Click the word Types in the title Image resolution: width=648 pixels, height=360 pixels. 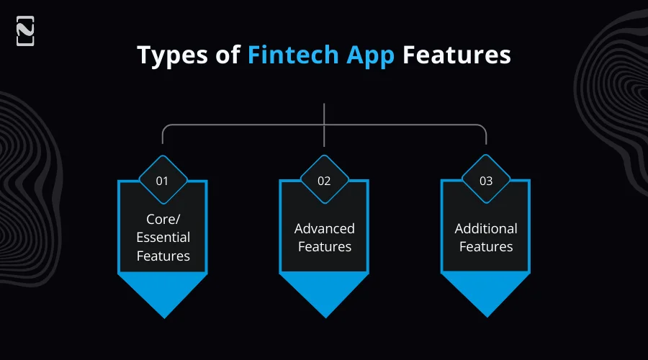click(x=171, y=55)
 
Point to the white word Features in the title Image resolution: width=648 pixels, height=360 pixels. click(x=456, y=55)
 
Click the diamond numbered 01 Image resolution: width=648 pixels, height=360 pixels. click(x=163, y=181)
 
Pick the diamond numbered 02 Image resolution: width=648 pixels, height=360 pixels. click(x=324, y=181)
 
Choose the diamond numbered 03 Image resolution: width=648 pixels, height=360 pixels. click(x=486, y=181)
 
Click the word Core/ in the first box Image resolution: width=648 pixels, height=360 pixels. click(x=163, y=219)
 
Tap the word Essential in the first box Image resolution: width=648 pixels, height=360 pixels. click(x=163, y=237)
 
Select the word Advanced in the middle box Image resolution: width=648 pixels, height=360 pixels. click(x=324, y=228)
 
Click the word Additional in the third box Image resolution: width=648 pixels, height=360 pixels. click(x=486, y=228)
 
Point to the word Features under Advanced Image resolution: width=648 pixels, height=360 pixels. click(x=324, y=246)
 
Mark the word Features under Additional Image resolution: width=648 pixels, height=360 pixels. click(x=486, y=246)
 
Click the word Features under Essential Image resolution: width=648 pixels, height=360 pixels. click(x=163, y=256)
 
